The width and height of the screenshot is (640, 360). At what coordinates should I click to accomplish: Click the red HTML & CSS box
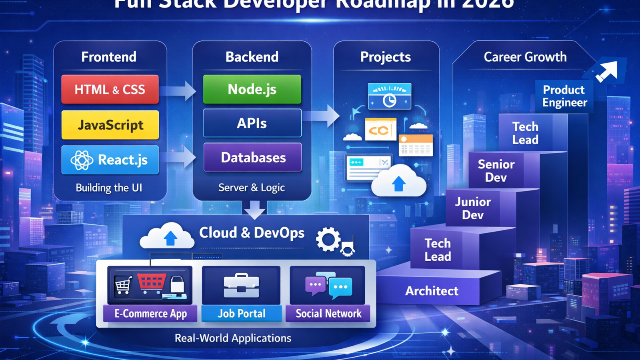click(110, 89)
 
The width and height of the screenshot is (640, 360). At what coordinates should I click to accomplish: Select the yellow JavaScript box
click(110, 125)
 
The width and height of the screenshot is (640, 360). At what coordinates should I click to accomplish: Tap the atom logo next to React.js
click(82, 160)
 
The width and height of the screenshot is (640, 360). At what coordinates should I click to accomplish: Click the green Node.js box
click(252, 89)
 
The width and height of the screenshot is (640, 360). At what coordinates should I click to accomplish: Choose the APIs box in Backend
click(252, 123)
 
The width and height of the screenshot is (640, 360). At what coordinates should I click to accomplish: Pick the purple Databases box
click(253, 158)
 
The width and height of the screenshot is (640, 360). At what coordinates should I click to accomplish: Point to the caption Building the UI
click(109, 188)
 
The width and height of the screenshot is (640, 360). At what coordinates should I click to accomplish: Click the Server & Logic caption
click(252, 188)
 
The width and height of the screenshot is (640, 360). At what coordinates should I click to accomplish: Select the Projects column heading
click(386, 57)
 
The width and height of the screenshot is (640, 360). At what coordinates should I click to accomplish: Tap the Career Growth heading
click(525, 57)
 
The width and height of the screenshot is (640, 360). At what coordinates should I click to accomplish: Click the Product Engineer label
click(564, 96)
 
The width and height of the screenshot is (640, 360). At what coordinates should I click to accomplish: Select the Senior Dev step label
click(496, 171)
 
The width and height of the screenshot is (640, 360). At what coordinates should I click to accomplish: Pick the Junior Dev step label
click(473, 208)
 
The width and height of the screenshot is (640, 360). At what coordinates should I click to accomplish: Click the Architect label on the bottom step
click(432, 291)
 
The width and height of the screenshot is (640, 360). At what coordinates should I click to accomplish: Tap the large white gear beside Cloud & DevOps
click(328, 240)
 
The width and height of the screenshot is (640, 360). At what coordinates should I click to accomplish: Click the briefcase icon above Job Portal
click(241, 286)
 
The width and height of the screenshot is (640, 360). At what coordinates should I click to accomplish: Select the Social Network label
click(328, 314)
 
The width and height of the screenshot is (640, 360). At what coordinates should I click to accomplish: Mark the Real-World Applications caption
click(233, 338)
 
